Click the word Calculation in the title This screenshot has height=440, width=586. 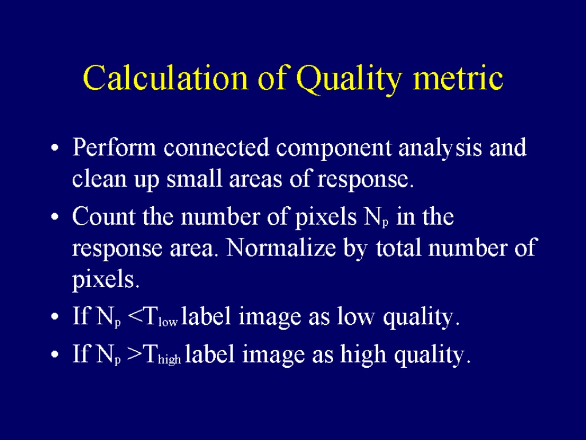pyautogui.click(x=165, y=78)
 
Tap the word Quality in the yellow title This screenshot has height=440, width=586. pyautogui.click(x=349, y=80)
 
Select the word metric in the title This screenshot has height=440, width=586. pyautogui.click(x=458, y=78)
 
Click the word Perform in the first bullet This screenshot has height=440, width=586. pyautogui.click(x=114, y=147)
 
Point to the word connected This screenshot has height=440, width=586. pyautogui.click(x=216, y=147)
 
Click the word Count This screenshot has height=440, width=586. pyautogui.click(x=104, y=216)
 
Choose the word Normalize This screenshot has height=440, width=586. pyautogui.click(x=281, y=247)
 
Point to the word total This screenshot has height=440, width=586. pyautogui.click(x=398, y=247)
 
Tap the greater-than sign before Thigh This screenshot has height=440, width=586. pyautogui.click(x=134, y=354)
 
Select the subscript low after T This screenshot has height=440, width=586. pyautogui.click(x=168, y=322)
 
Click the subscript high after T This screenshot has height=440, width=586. pyautogui.click(x=169, y=360)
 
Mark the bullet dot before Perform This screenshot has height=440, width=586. pyautogui.click(x=55, y=148)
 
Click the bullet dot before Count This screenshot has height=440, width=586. pyautogui.click(x=55, y=217)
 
